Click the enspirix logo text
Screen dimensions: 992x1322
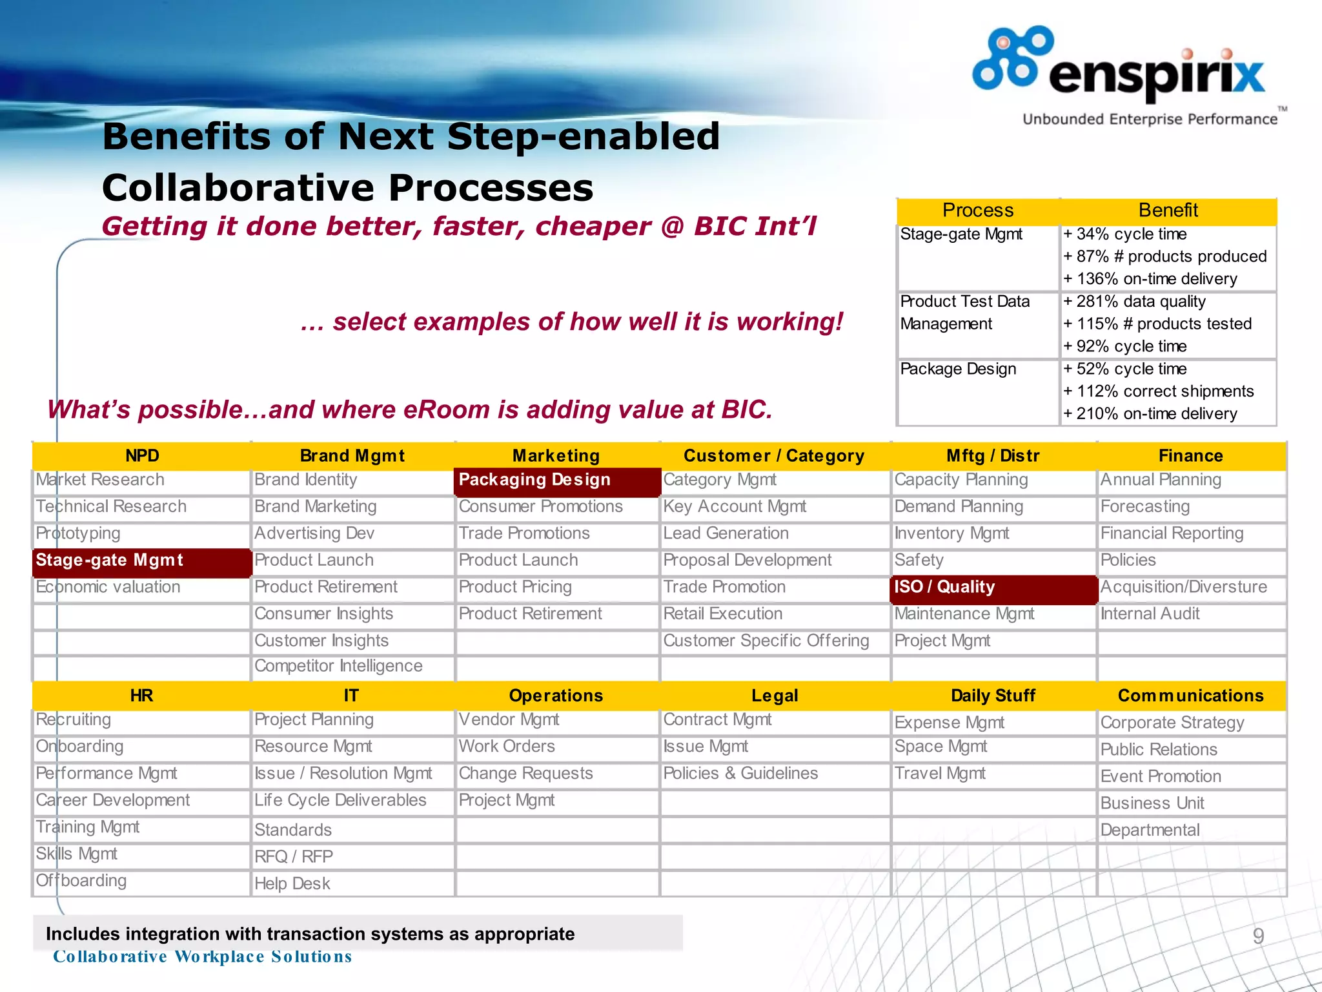(1155, 76)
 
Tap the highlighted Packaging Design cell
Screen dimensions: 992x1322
(557, 480)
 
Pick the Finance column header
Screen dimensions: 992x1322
(1190, 456)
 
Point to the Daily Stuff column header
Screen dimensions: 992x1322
(993, 696)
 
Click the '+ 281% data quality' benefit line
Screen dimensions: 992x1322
(1134, 302)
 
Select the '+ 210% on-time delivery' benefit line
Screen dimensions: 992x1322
(1150, 414)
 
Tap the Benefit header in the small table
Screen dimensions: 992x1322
(1167, 211)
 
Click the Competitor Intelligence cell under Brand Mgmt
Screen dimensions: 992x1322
(338, 666)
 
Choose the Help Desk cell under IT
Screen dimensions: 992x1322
(292, 883)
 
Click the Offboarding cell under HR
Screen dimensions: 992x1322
(81, 881)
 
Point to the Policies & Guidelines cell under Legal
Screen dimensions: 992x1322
(740, 774)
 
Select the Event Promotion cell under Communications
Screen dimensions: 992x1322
(1160, 776)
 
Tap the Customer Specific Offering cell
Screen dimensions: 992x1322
(766, 641)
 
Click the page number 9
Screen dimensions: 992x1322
(1258, 936)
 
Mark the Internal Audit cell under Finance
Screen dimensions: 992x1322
(1150, 614)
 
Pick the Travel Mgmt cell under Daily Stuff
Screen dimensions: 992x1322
(939, 774)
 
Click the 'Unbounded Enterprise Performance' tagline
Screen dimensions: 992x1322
(1150, 119)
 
